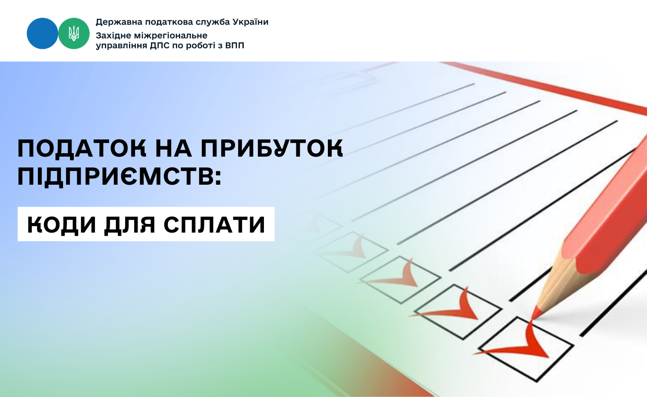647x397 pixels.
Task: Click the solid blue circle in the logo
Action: tap(42, 33)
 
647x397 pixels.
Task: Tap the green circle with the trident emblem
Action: tap(74, 33)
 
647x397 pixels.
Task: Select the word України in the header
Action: tap(251, 22)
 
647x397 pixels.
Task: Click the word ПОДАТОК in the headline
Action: tap(82, 148)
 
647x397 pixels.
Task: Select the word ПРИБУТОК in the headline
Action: tap(272, 148)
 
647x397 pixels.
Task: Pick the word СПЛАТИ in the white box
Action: tap(214, 224)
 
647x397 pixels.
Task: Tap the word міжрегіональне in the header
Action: tap(169, 36)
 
